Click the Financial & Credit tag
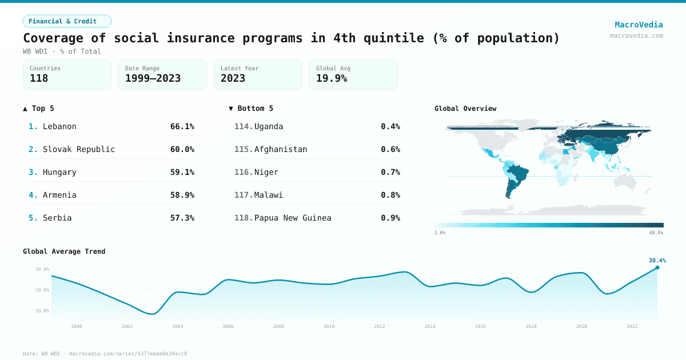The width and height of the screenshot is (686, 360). (x=67, y=21)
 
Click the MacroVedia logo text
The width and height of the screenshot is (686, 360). (x=639, y=25)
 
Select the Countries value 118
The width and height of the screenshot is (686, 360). (x=39, y=78)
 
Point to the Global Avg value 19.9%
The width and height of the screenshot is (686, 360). (x=332, y=78)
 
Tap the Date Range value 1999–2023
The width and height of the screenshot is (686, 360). (x=153, y=78)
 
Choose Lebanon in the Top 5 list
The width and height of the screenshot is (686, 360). (x=59, y=126)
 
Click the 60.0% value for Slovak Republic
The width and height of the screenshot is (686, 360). (x=182, y=149)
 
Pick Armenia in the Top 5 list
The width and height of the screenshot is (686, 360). (x=59, y=195)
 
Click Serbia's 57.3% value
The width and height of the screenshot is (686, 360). (x=182, y=218)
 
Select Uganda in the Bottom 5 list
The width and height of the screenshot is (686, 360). (x=269, y=126)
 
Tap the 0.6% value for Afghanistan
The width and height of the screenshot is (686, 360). (x=390, y=149)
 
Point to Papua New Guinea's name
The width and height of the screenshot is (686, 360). (x=293, y=218)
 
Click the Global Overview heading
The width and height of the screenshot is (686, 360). (x=465, y=109)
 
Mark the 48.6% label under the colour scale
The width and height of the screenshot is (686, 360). (x=656, y=233)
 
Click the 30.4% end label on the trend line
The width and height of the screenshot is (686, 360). (x=657, y=261)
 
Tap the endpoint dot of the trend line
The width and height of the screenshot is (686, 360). (x=657, y=267)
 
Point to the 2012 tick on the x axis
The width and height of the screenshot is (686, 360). (x=380, y=326)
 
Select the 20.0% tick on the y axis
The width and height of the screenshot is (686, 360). (x=42, y=290)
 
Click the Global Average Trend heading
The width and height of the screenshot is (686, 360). (x=64, y=251)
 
